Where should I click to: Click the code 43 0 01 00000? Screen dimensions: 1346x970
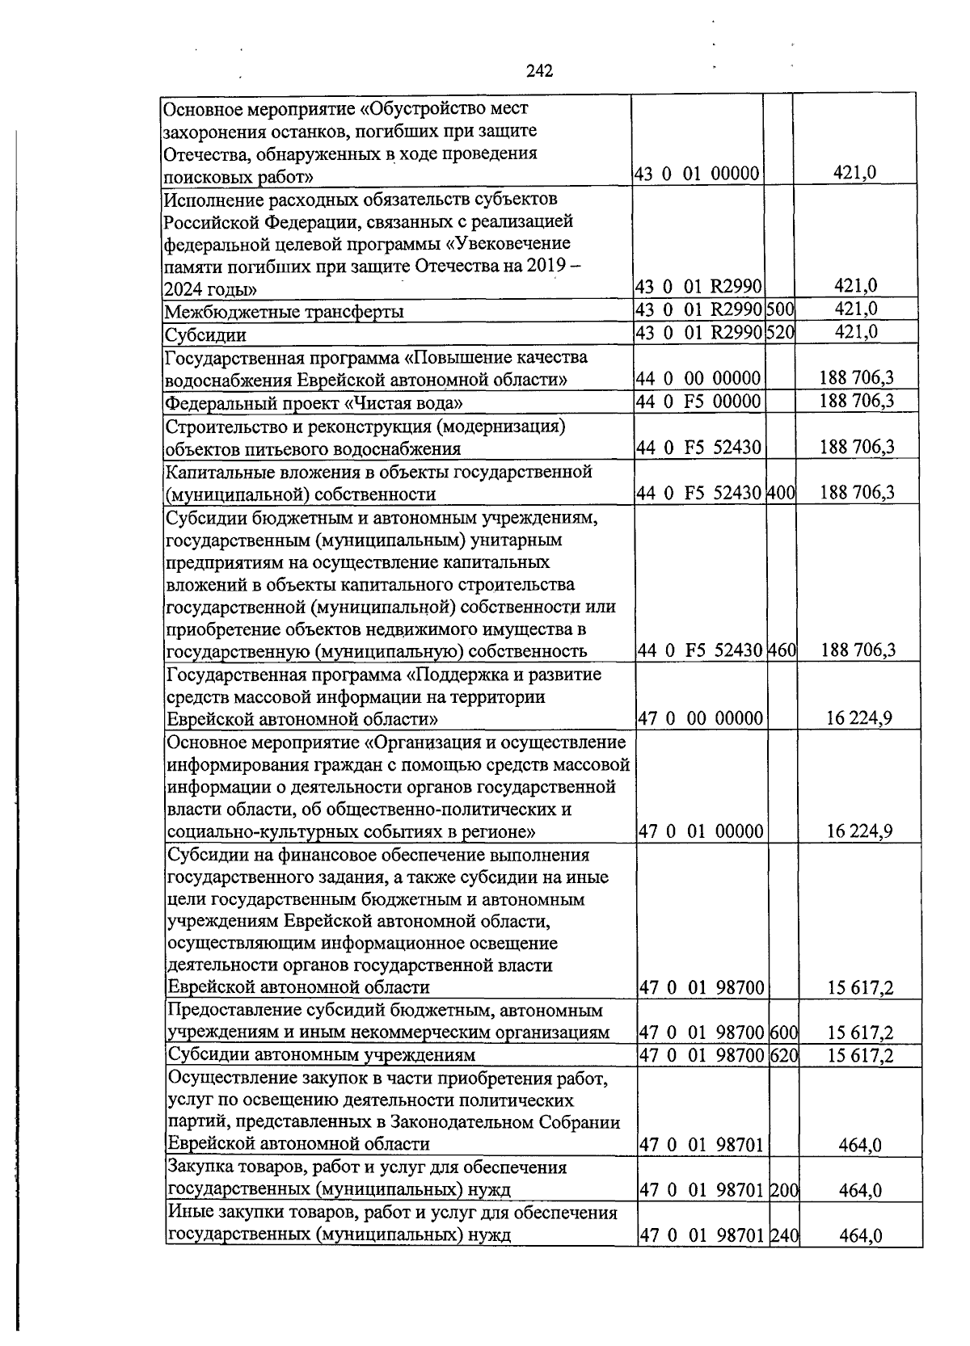(697, 173)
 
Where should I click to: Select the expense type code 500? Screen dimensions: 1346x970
(779, 309)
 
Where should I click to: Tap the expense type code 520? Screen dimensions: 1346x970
(779, 332)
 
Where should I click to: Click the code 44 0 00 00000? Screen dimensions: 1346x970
(699, 378)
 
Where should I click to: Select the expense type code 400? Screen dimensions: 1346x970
(781, 493)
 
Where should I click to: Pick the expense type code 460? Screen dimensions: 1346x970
(781, 650)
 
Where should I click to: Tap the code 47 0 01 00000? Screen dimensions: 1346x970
(701, 831)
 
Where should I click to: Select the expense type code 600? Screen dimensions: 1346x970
(784, 1033)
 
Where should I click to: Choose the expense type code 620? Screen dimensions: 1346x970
(784, 1055)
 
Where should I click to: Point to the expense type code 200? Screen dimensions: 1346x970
(784, 1189)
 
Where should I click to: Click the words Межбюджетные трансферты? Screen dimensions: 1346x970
(284, 312)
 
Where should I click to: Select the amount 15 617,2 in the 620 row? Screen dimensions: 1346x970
(860, 1055)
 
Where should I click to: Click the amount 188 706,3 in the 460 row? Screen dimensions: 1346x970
(857, 650)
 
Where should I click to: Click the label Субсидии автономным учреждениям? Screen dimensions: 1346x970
(322, 1055)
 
